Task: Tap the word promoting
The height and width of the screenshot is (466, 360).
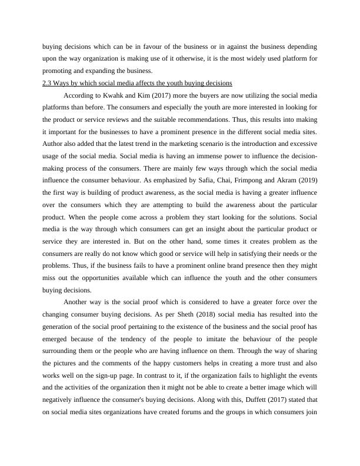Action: coord(59,71)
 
